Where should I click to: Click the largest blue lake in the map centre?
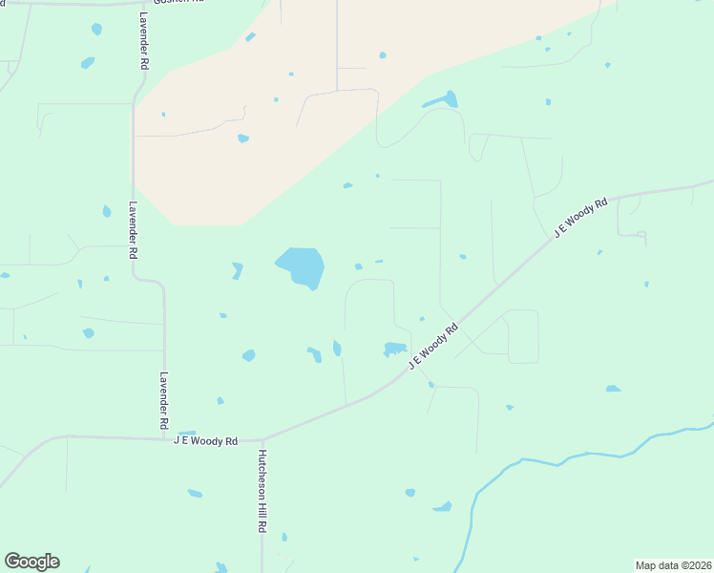pos(302,266)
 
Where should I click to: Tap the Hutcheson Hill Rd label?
pos(261,492)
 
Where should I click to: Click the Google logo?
pos(31,562)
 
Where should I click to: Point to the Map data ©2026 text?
pos(673,565)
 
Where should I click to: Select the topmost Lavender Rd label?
pos(143,41)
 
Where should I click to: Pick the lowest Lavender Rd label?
pos(164,399)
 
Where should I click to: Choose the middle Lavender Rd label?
pos(134,231)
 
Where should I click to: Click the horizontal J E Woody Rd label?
pos(205,441)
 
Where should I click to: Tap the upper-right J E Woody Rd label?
pos(581,218)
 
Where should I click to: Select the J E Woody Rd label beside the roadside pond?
pos(434,346)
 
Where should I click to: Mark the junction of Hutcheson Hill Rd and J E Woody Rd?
pos(262,440)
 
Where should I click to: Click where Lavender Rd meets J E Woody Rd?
pos(164,438)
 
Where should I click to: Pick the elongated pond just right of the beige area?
pos(441,99)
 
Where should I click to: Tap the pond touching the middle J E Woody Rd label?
pos(395,349)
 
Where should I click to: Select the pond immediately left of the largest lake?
pos(237,271)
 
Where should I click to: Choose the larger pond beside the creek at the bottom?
pos(442,506)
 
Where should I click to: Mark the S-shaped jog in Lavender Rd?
pos(148,280)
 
